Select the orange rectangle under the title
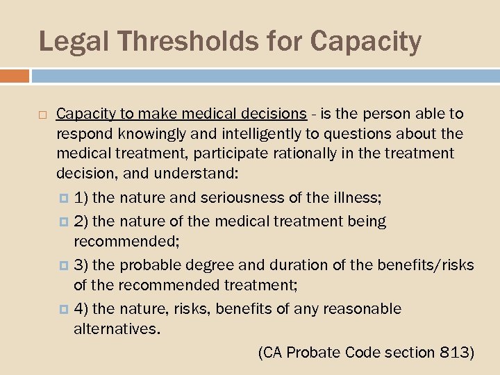(15, 75)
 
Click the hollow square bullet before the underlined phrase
(42, 114)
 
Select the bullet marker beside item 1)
(65, 199)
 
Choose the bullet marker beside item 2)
(65, 222)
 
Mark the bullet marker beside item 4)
(65, 309)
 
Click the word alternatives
(117, 327)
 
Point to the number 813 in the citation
(456, 353)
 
